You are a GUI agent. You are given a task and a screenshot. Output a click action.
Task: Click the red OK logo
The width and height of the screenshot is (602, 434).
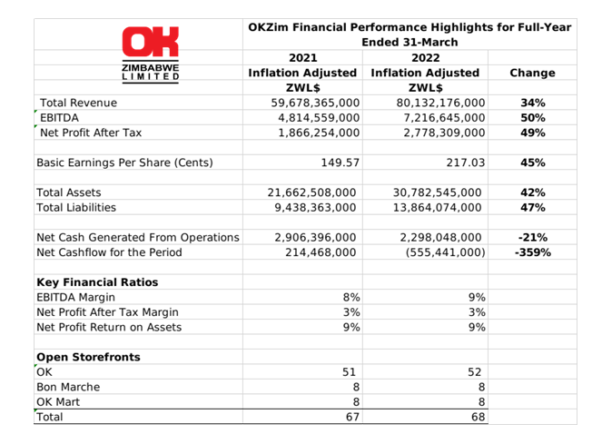[x=151, y=42]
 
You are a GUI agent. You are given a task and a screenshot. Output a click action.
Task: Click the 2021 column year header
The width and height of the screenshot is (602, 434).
[x=303, y=58]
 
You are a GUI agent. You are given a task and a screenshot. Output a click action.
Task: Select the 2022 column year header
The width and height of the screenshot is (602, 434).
[x=425, y=58]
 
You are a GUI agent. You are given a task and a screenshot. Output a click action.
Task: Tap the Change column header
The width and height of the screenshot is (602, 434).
[x=532, y=73]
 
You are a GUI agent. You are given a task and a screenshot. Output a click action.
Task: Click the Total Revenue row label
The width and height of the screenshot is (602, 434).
[x=78, y=103]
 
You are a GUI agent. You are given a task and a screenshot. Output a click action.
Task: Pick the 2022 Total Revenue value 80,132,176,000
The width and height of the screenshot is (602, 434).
[x=440, y=103]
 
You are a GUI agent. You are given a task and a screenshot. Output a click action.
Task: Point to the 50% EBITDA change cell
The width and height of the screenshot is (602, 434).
[x=533, y=118]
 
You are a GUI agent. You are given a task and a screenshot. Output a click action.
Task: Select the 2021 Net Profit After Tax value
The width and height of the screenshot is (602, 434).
[x=319, y=133]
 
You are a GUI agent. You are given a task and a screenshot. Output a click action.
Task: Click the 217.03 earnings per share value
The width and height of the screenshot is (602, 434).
[x=466, y=163]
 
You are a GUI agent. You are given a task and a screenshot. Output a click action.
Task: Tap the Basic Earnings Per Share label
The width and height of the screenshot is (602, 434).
[x=124, y=163]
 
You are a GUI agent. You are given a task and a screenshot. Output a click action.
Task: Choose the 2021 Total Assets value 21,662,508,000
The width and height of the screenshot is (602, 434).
[x=311, y=192]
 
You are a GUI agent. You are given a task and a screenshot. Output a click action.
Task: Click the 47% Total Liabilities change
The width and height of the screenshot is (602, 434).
[x=533, y=208]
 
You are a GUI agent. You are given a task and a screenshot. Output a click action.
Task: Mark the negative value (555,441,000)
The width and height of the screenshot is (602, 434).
[x=445, y=252]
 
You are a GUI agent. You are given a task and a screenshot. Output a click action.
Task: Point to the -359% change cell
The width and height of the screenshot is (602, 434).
[x=533, y=252]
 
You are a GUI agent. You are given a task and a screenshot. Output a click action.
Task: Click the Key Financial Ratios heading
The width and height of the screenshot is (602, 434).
[x=97, y=282]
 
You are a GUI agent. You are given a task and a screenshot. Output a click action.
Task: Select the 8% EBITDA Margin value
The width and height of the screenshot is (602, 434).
[x=351, y=298]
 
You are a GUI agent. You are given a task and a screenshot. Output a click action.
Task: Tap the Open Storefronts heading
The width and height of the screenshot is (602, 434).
[x=88, y=357]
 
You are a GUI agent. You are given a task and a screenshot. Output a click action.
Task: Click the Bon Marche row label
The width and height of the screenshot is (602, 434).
[x=68, y=387]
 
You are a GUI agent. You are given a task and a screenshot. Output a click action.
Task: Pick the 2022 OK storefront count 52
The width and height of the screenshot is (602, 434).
[x=474, y=372]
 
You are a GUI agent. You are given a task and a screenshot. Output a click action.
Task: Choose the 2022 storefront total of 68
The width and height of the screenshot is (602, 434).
[x=478, y=417]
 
